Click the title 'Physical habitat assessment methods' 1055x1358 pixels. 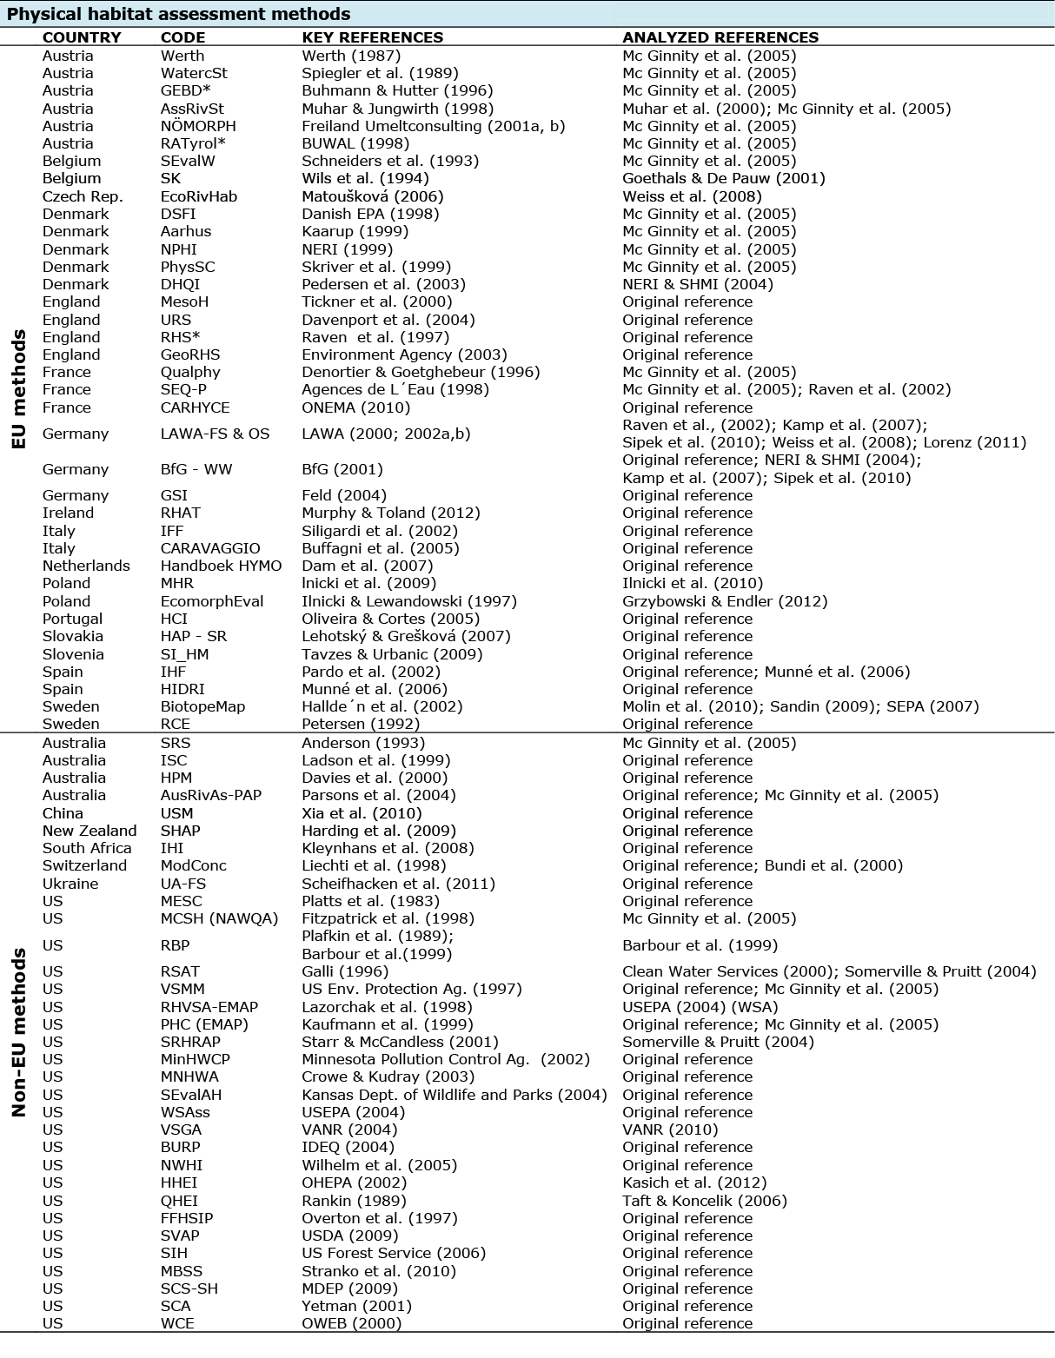[179, 14]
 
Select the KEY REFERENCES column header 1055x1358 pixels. [372, 37]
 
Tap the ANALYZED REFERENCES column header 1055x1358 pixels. [720, 37]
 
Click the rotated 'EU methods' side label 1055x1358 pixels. [18, 389]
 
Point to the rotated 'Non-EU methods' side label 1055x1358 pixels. [18, 1032]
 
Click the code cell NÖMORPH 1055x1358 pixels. [198, 126]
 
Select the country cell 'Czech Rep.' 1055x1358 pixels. [83, 196]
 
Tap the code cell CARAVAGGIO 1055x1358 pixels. [210, 548]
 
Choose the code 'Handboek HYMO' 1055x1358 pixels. [221, 566]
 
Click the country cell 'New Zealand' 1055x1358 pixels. [90, 831]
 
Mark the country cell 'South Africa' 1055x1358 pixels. [87, 848]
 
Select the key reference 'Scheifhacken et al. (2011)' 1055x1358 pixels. [398, 884]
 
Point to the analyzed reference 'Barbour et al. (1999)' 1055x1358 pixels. [700, 945]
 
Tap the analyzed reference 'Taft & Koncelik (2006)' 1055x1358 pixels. [704, 1201]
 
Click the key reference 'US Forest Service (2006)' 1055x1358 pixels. [394, 1253]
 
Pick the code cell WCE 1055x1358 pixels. [177, 1323]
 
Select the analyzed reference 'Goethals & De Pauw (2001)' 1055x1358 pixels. [724, 178]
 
